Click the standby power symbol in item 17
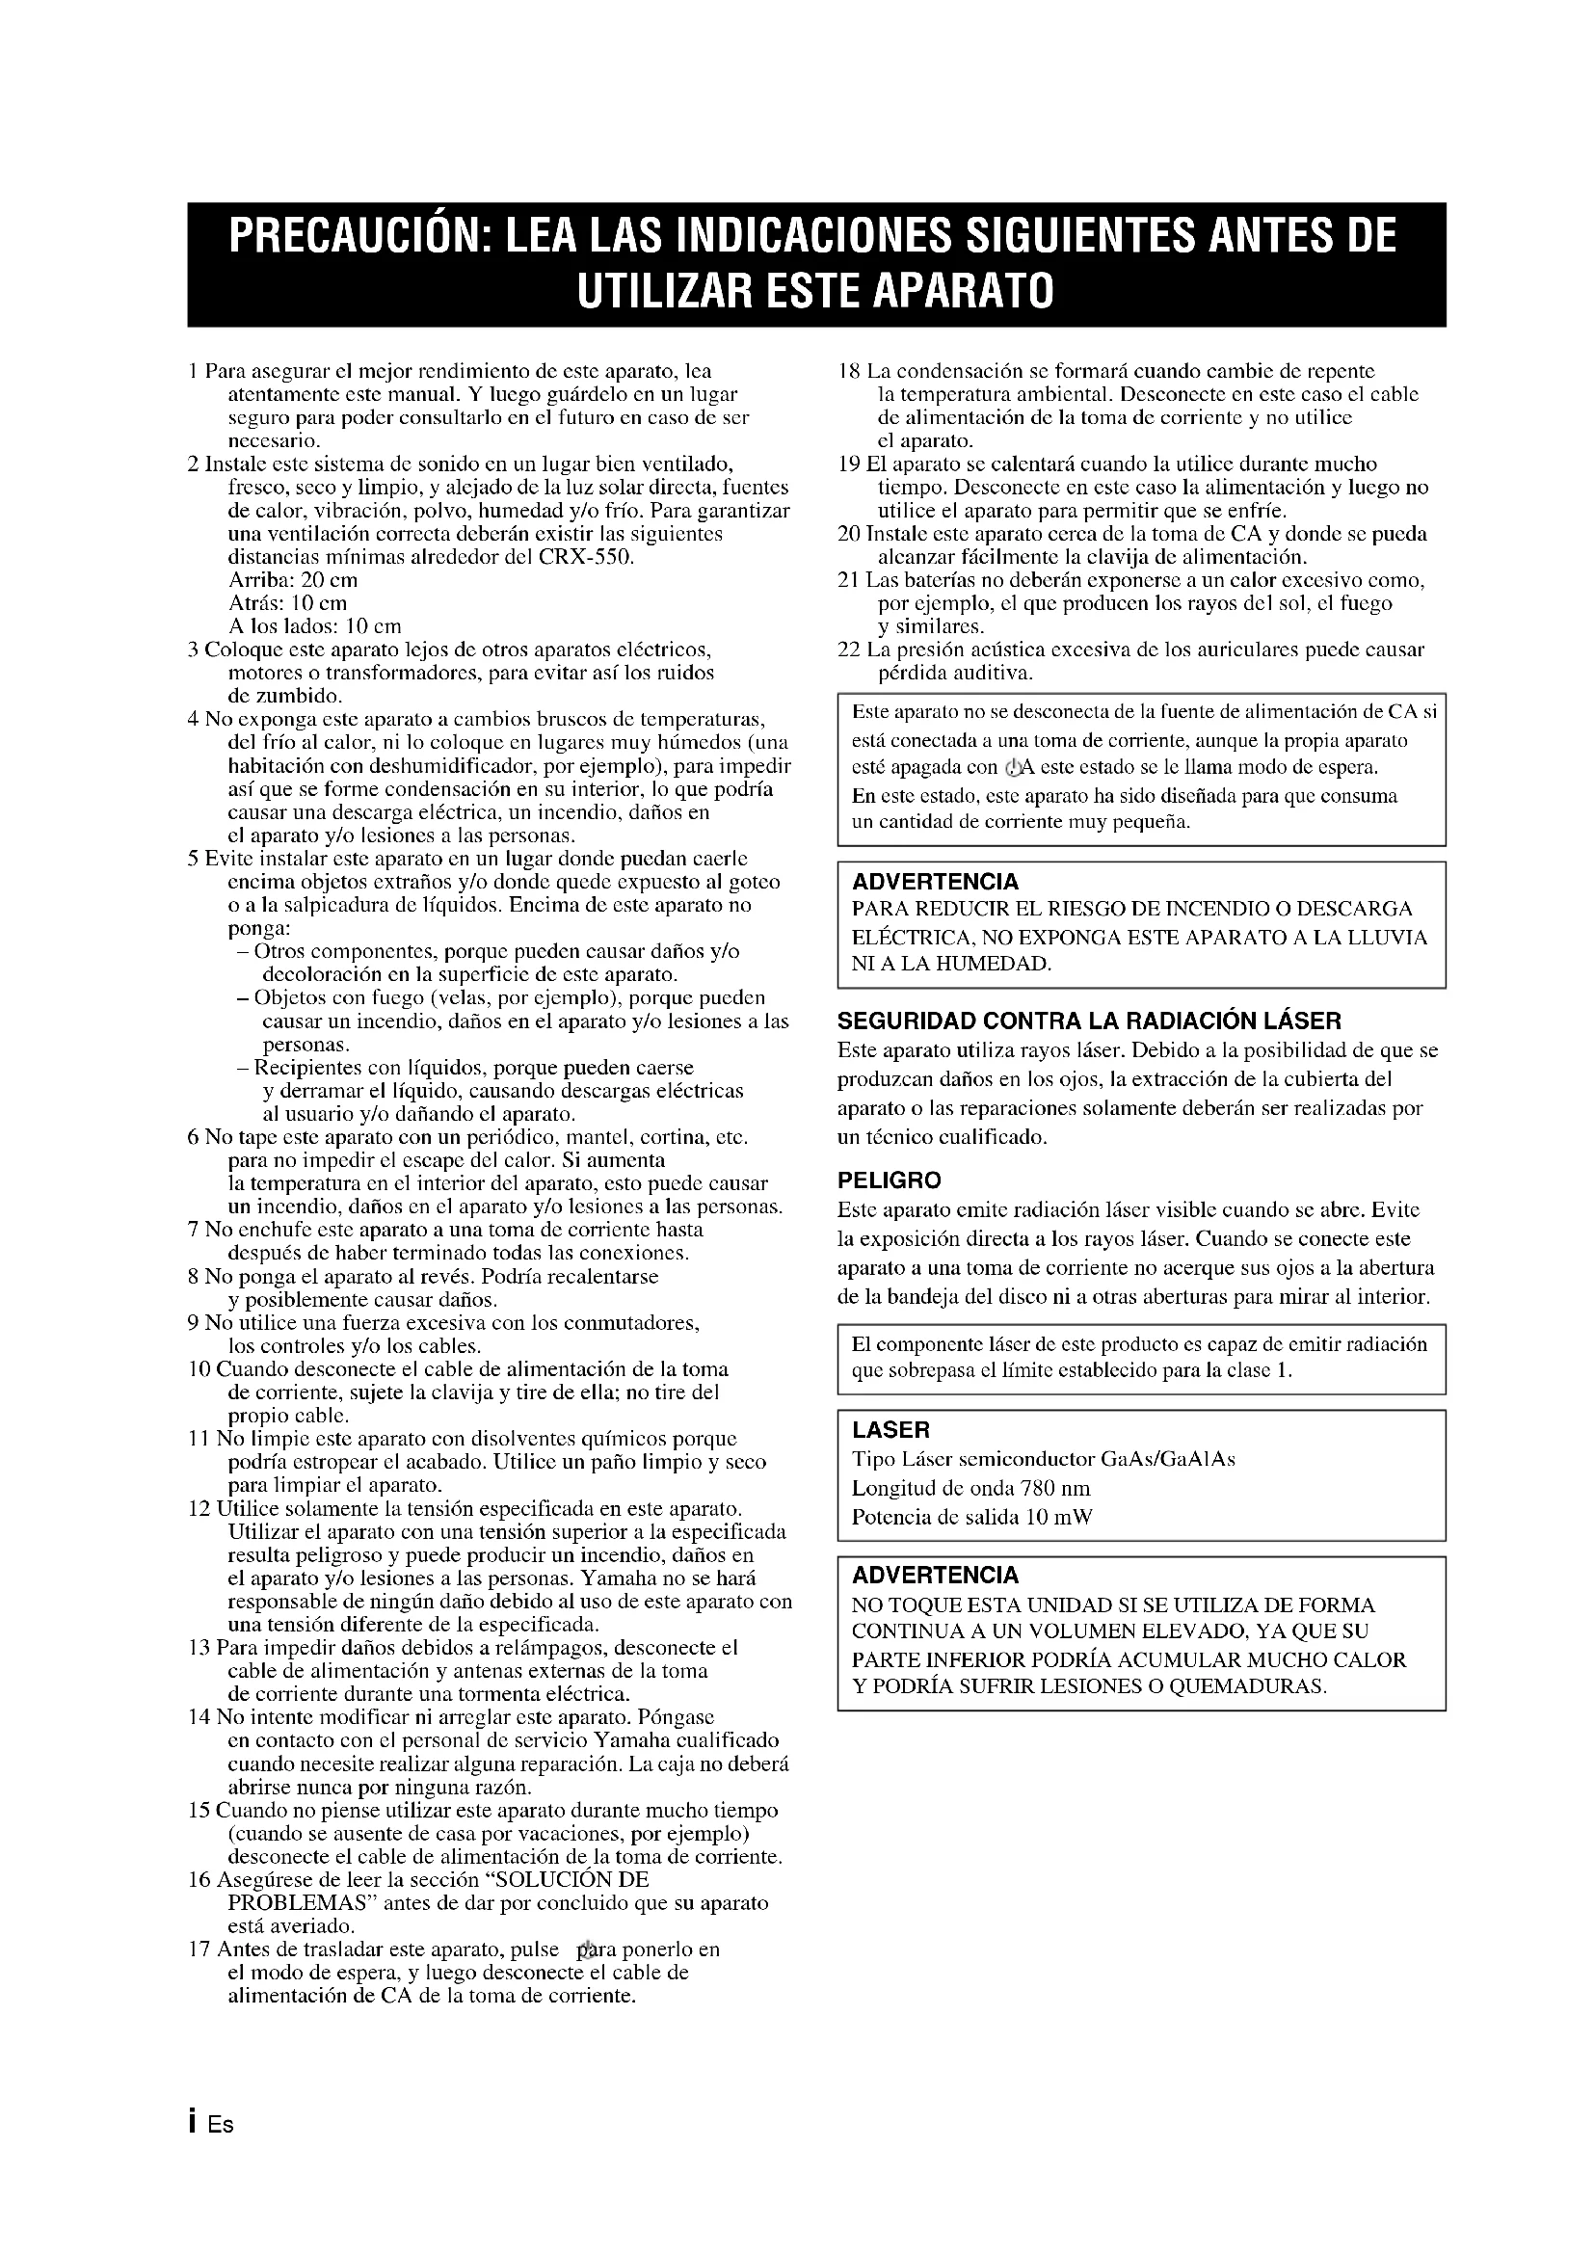588,1949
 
